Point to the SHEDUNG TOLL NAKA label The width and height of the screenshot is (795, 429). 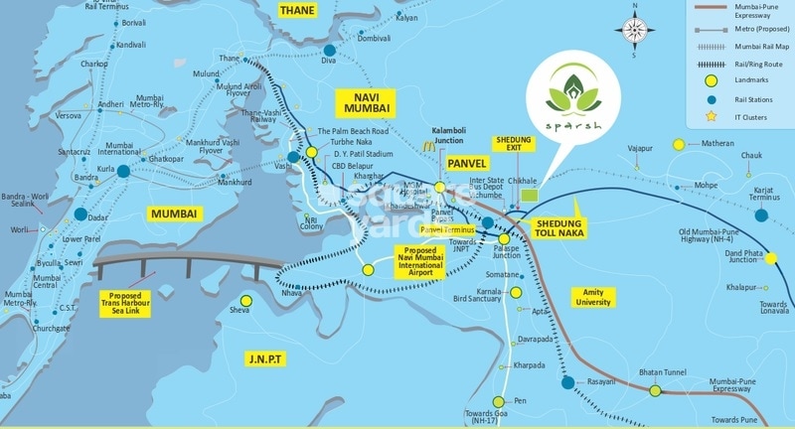559,226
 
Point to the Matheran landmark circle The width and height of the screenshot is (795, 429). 680,145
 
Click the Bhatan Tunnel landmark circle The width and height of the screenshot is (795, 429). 656,390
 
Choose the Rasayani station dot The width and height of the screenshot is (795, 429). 567,381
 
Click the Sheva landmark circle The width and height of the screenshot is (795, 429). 247,298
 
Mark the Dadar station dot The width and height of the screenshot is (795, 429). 79,214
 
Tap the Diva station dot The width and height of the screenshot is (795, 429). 329,50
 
